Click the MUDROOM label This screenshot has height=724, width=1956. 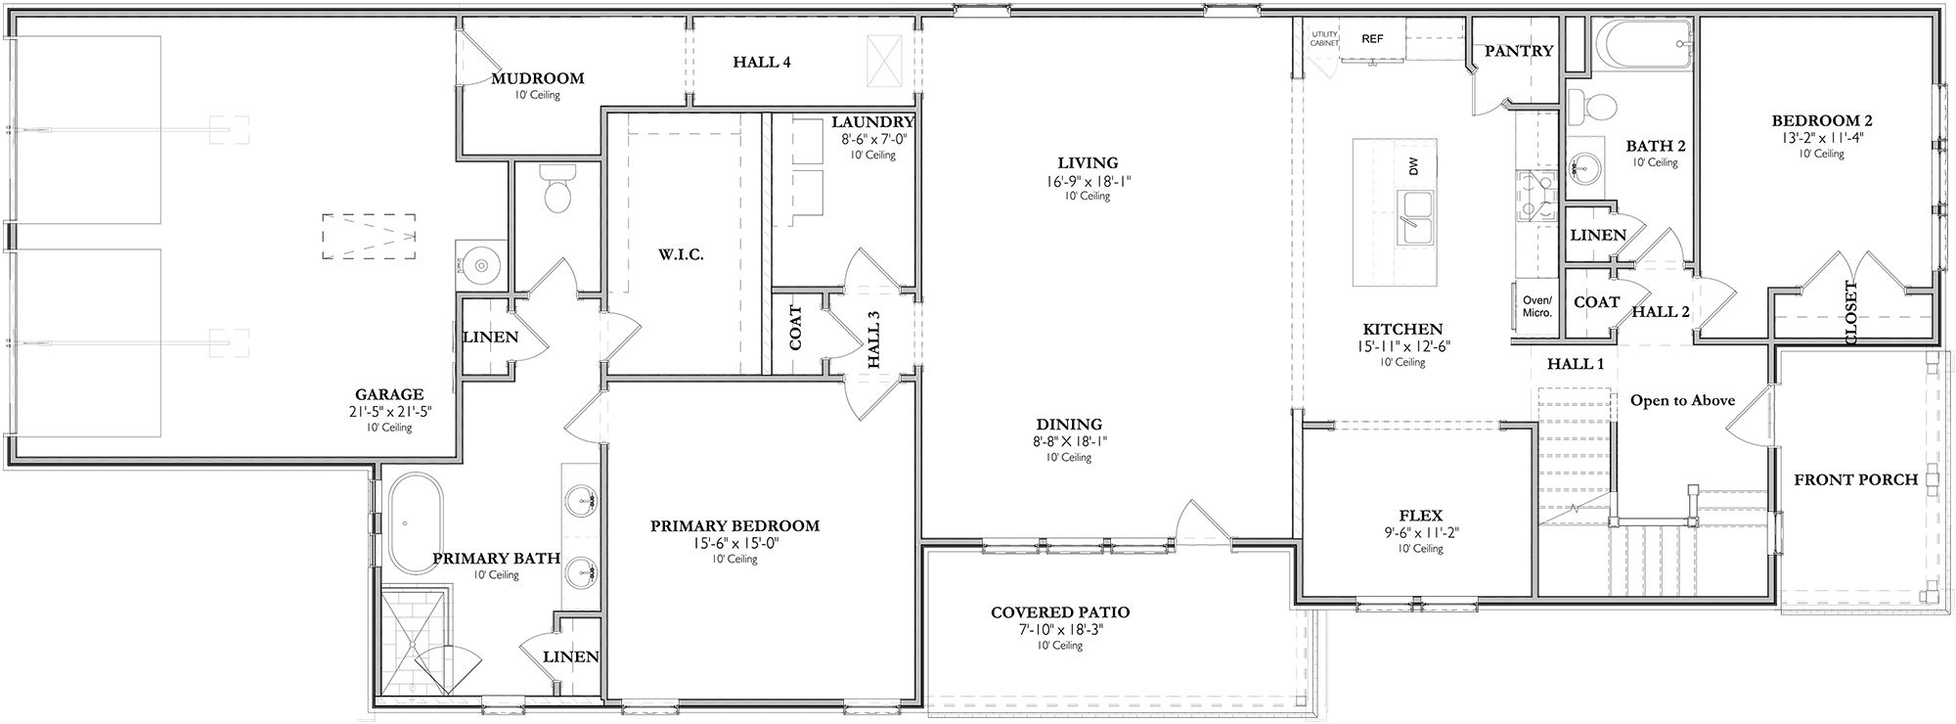(537, 78)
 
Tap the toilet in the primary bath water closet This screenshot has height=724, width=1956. (557, 192)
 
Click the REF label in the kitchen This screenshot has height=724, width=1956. (1373, 39)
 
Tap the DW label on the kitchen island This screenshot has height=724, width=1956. (1413, 167)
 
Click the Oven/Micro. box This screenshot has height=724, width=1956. (1537, 306)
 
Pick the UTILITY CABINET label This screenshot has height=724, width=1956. (1324, 39)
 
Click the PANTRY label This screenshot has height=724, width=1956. (1518, 51)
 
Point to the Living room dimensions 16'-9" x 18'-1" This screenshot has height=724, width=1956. (1088, 181)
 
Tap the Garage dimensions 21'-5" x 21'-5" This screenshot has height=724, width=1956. (389, 413)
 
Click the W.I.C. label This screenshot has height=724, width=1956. (681, 254)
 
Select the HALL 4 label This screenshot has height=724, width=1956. (762, 63)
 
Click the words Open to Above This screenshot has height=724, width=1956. (1682, 400)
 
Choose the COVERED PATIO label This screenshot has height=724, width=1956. (1060, 612)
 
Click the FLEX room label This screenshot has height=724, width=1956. (1420, 516)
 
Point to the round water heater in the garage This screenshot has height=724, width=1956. (480, 264)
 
